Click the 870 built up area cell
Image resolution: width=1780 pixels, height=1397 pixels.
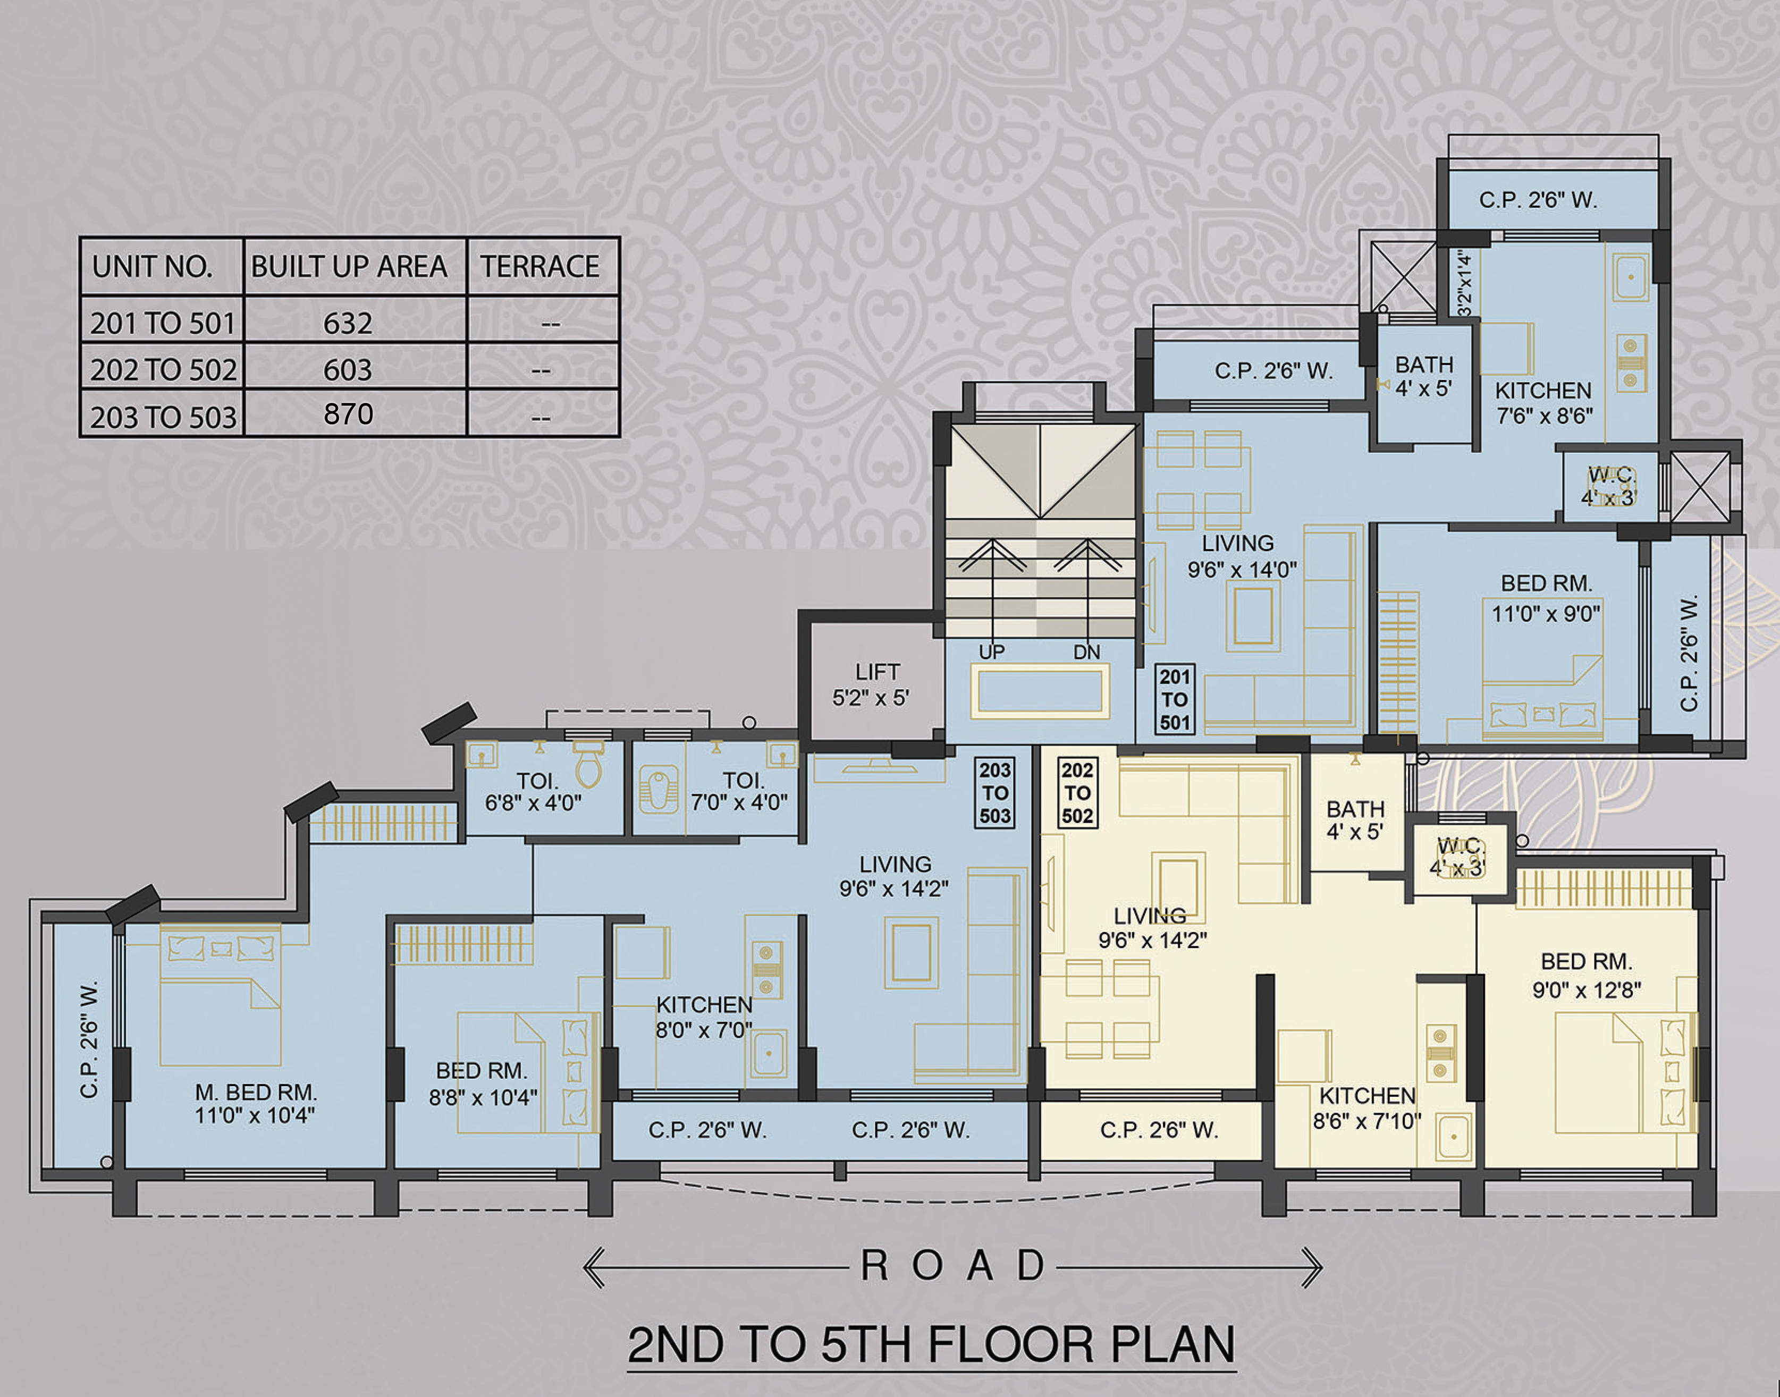pyautogui.click(x=349, y=414)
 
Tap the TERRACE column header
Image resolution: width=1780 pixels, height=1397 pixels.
pyautogui.click(x=540, y=267)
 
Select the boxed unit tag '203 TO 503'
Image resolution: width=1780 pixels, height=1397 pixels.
pyautogui.click(x=995, y=793)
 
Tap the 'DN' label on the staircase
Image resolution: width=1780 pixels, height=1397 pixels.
pyautogui.click(x=1087, y=652)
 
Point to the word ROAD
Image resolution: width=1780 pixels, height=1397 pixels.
pyautogui.click(x=953, y=1266)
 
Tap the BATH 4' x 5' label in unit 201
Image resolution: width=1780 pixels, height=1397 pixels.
pyautogui.click(x=1424, y=376)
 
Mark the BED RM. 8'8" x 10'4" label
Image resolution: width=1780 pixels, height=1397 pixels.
pyautogui.click(x=483, y=1083)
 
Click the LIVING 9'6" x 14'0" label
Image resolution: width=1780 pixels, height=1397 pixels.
pyautogui.click(x=1242, y=556)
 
